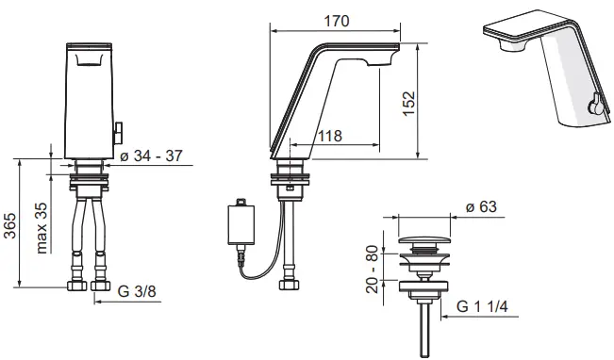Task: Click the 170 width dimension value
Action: coord(337,21)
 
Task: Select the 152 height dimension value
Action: coord(408,104)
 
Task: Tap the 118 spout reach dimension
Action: coord(330,136)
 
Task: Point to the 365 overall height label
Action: coord(9,226)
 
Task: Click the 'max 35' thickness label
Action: coord(41,228)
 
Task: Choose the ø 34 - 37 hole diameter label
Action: coord(151,155)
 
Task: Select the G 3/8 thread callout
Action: coord(137,291)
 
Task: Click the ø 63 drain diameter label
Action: coord(481,206)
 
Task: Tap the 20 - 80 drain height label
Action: coord(372,269)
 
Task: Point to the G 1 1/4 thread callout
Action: coord(482,306)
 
